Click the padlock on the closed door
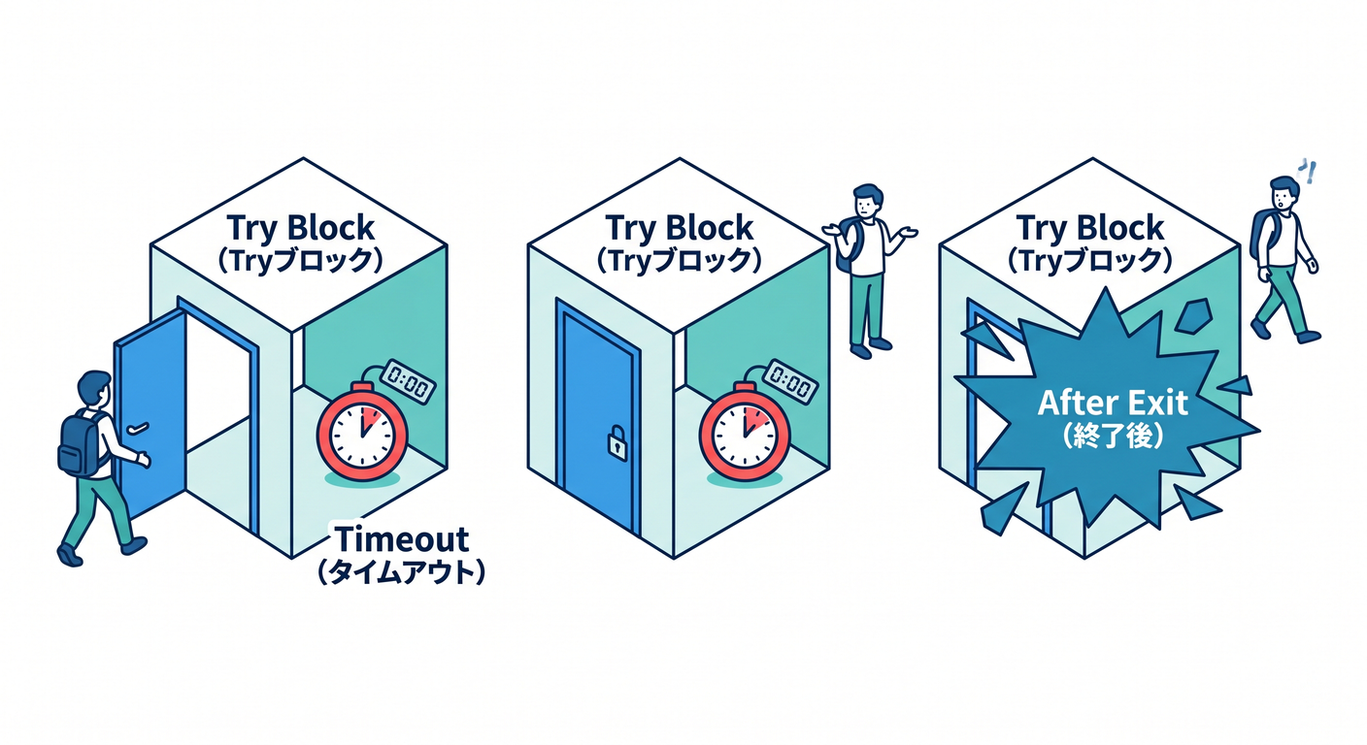[x=617, y=442]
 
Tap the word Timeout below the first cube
[x=402, y=539]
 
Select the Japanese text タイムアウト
[x=402, y=572]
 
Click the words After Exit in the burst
[x=1113, y=403]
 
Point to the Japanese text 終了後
[x=1113, y=436]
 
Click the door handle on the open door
[x=138, y=428]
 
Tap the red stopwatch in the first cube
[x=362, y=432]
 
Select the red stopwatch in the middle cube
[x=745, y=433]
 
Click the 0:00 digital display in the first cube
[x=408, y=381]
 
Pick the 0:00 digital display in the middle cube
[x=791, y=381]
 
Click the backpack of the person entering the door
[x=81, y=443]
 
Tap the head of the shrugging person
[x=868, y=200]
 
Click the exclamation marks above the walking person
[x=1307, y=172]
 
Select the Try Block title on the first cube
[x=300, y=228]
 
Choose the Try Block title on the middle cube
[x=680, y=228]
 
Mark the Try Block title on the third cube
[x=1090, y=228]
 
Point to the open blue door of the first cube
[x=150, y=414]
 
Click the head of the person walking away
[x=1284, y=194]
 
